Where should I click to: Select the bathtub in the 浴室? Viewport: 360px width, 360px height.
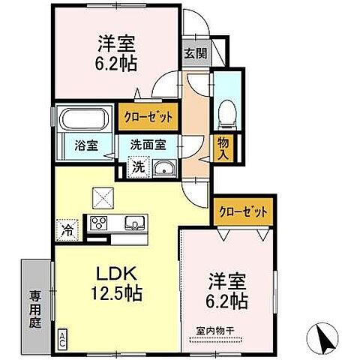click(83, 119)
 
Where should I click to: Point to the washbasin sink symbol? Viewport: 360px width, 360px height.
click(163, 169)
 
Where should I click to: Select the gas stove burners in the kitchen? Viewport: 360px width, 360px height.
click(100, 222)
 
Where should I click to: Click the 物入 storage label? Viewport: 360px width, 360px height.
click(223, 148)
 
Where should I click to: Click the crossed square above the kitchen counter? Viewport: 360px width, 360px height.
click(101, 196)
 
